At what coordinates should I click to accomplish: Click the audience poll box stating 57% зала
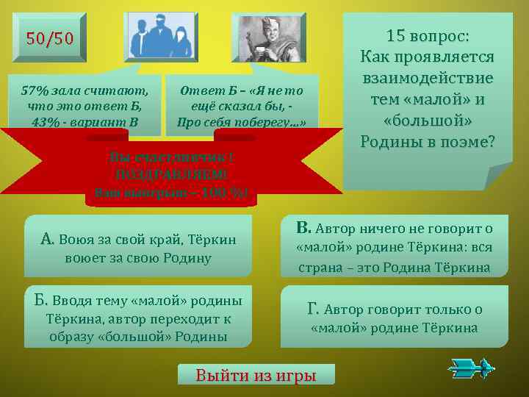[x=84, y=105]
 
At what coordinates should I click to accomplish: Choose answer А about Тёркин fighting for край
[x=137, y=247]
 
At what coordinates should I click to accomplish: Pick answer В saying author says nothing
[x=394, y=248]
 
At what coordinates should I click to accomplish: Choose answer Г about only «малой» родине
[x=394, y=318]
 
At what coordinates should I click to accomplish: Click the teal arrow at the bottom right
[x=471, y=367]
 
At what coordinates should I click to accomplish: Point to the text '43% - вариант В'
[x=84, y=121]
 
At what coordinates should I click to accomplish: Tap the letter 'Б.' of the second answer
[x=41, y=301]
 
